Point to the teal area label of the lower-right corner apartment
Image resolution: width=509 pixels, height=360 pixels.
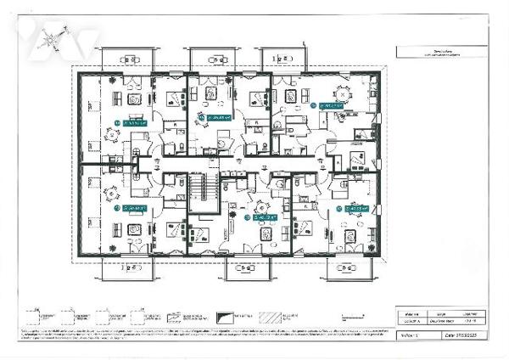[x=354, y=207]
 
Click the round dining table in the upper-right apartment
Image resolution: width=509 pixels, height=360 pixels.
[x=344, y=93]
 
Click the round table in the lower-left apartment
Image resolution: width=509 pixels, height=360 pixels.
[x=133, y=228]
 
